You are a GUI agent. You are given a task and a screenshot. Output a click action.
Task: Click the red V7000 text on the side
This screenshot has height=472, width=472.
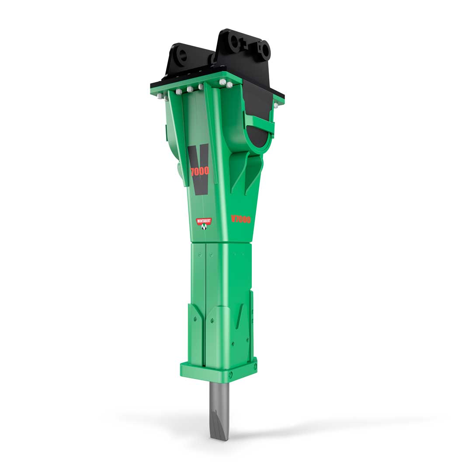pyautogui.click(x=241, y=219)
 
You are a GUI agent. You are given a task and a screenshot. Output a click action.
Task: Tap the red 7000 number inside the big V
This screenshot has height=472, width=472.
pyautogui.click(x=200, y=171)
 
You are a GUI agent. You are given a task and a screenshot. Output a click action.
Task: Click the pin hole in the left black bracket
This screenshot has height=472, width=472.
pyautogui.click(x=182, y=56)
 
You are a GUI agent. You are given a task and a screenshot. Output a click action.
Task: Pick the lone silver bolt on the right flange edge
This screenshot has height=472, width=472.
pyautogui.click(x=276, y=105)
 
